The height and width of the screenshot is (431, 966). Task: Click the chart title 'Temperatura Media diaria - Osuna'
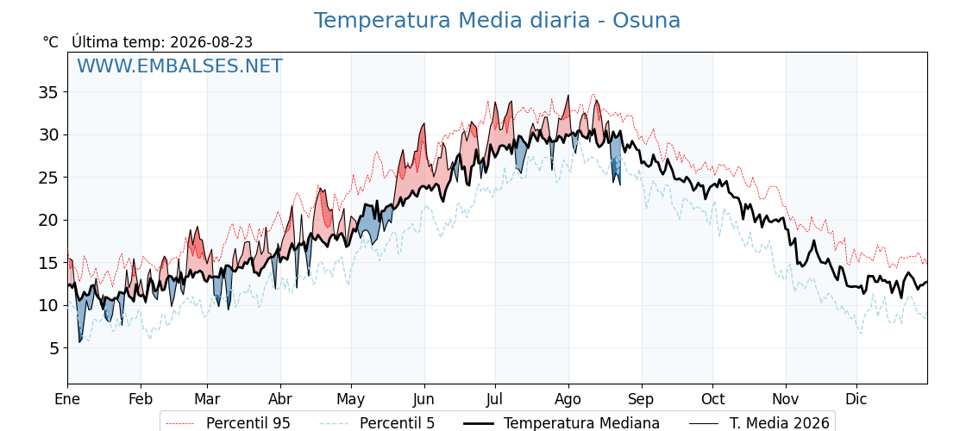coord(497,21)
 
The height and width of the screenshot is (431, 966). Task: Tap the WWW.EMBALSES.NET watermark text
coord(180,66)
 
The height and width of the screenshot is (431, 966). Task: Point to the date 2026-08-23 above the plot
coord(211,42)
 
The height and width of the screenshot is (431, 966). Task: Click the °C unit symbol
coord(51,42)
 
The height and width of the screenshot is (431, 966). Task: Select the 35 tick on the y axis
coord(50,92)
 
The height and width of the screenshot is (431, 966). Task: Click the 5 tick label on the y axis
coord(55,348)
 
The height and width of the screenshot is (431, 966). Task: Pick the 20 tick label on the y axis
coord(50,221)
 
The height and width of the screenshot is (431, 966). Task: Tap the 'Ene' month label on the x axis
coord(67,399)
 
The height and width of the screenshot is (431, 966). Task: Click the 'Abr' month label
coord(280,399)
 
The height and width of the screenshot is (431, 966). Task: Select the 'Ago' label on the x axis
coord(568,399)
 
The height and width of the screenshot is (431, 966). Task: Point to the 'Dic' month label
coord(856,399)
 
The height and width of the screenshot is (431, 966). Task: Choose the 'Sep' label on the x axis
coord(642,399)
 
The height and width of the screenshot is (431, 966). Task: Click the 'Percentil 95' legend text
coord(248,423)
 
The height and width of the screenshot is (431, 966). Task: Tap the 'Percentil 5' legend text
coord(397,423)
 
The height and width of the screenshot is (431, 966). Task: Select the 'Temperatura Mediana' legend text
coord(581,423)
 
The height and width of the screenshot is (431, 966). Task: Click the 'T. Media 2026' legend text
coord(780,423)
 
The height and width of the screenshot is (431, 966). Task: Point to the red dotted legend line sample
coord(180,423)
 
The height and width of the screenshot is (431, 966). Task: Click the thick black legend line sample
coord(478,423)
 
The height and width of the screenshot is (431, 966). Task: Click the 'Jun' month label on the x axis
coord(423,399)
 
